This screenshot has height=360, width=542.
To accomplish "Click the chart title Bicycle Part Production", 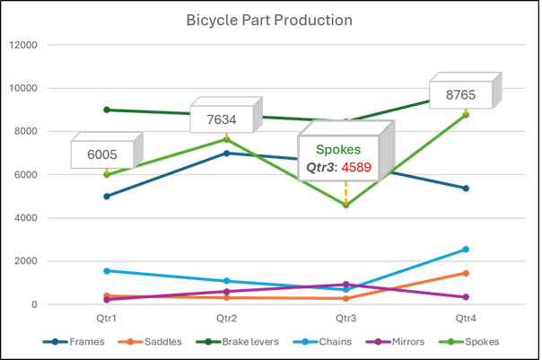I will tap(269, 20).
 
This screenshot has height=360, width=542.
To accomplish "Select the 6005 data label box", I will tap(101, 154).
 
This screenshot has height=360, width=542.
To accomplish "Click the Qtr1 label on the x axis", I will tap(106, 318).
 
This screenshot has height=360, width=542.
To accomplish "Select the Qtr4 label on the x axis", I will tap(466, 318).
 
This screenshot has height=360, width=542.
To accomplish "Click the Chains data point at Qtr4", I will tap(466, 250).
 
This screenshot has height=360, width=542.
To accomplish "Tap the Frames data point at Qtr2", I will tap(226, 154).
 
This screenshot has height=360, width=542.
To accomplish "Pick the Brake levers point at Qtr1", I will tap(106, 110).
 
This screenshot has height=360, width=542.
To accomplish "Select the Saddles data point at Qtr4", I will tap(466, 273).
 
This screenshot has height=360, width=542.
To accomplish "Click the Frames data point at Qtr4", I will tap(466, 189).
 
